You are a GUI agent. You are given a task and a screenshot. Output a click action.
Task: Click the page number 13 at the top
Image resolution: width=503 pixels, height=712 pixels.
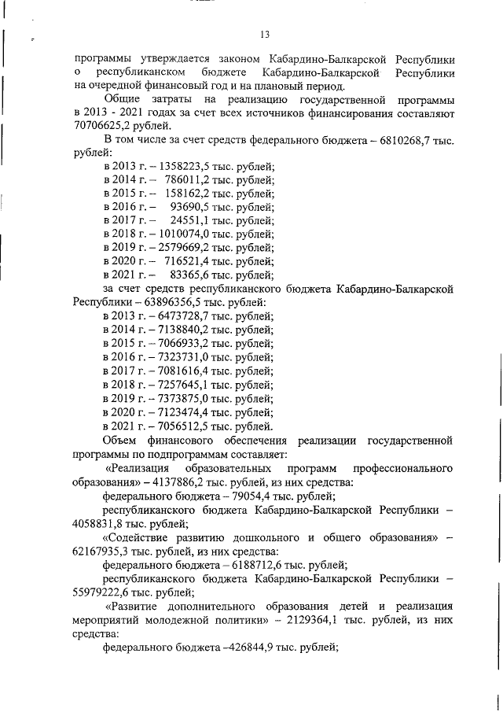[265, 33]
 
